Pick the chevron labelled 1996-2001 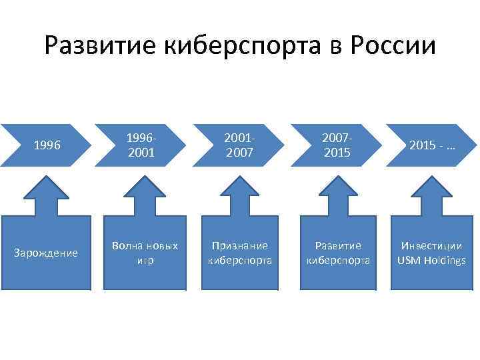tap(141, 145)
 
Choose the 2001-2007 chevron tap(239, 145)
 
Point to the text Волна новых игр tap(145, 253)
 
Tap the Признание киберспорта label tap(239, 253)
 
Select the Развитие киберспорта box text tap(338, 253)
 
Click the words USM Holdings tap(431, 260)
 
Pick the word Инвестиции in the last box tap(431, 245)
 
